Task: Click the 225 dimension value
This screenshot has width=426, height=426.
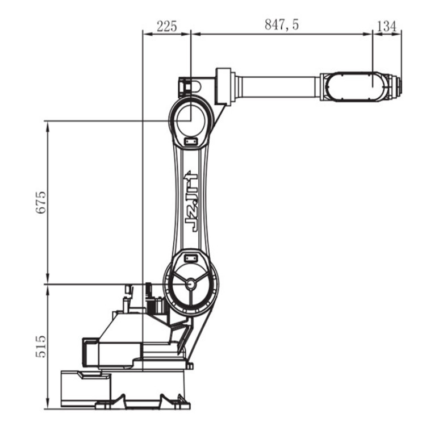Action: click(x=167, y=26)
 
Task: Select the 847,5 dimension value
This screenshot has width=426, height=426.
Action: click(x=282, y=24)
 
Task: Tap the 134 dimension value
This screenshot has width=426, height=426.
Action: click(x=387, y=26)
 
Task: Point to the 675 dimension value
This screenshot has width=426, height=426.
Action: click(x=41, y=202)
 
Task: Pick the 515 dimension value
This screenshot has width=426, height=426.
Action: click(x=41, y=346)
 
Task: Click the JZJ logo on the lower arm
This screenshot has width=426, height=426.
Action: click(x=191, y=201)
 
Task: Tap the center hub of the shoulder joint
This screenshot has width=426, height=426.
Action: click(x=191, y=284)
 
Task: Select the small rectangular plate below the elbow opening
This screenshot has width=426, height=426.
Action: click(x=190, y=141)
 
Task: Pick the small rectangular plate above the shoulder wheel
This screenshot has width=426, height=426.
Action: click(x=190, y=257)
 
